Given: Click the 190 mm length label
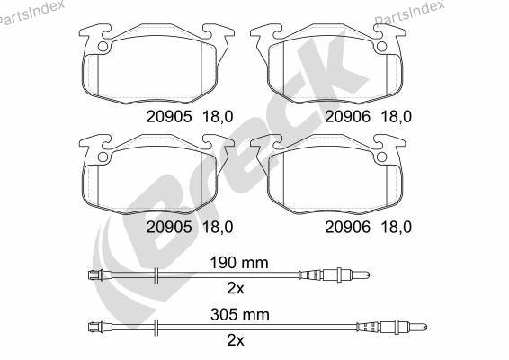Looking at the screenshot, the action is tap(239, 263).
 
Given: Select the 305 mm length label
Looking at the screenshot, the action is tap(240, 314).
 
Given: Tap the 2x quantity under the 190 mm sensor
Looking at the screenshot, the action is tap(236, 288).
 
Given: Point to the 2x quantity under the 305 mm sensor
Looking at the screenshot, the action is tap(236, 340).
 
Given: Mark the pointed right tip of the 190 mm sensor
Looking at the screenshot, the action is tap(369, 275).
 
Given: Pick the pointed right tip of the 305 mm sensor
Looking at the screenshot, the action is tap(425, 328).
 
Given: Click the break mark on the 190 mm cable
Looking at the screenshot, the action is tap(156, 275).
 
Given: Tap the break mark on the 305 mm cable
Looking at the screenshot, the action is tap(156, 328).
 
